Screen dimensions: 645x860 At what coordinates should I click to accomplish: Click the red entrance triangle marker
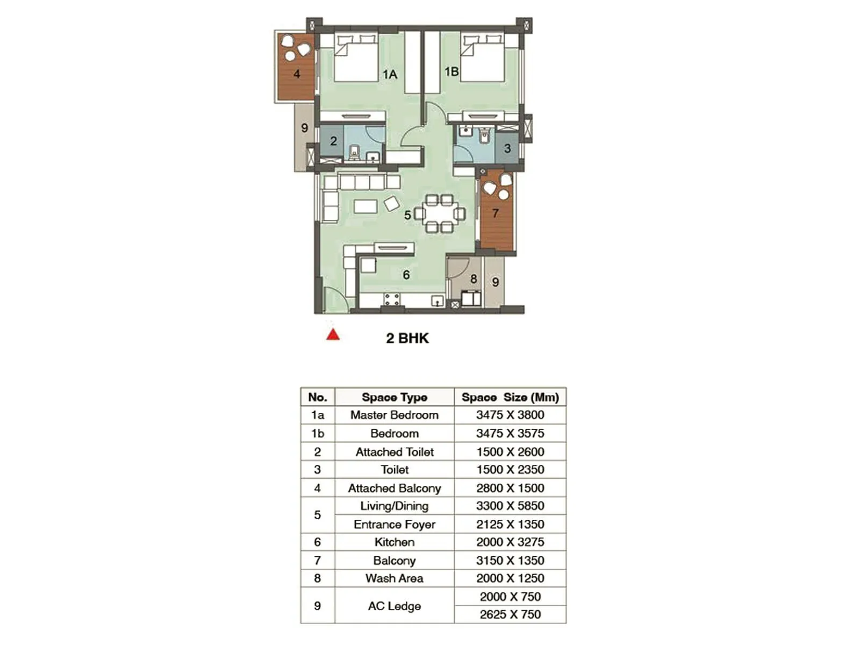[x=333, y=335]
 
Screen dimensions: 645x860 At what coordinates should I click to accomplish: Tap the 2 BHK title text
[x=407, y=338]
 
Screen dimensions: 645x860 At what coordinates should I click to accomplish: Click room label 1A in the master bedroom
[x=390, y=74]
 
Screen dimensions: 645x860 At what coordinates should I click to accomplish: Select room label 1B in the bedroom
[x=451, y=71]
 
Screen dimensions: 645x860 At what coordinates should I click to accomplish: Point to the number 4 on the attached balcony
[x=297, y=74]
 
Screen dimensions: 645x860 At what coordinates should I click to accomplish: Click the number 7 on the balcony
[x=495, y=213]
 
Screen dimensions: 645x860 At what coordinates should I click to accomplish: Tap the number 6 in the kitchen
[x=406, y=275]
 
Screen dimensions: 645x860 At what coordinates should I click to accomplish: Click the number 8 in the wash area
[x=474, y=279]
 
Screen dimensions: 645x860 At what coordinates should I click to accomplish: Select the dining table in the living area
[x=439, y=213]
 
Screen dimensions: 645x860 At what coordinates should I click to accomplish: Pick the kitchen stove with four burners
[x=392, y=299]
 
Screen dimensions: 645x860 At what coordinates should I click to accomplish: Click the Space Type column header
[x=395, y=397]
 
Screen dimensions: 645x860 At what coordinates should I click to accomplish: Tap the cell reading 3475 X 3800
[x=510, y=415]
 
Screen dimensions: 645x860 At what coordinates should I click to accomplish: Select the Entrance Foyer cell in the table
[x=395, y=525]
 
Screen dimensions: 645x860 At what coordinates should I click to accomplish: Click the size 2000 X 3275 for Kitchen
[x=510, y=542]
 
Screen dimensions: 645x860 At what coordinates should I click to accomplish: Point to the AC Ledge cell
[x=395, y=606]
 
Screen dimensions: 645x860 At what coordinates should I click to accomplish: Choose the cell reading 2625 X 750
[x=510, y=614]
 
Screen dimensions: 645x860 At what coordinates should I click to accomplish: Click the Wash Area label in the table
[x=395, y=578]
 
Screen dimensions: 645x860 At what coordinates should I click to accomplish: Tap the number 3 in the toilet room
[x=507, y=148]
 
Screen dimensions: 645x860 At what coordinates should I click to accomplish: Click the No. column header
[x=318, y=397]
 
